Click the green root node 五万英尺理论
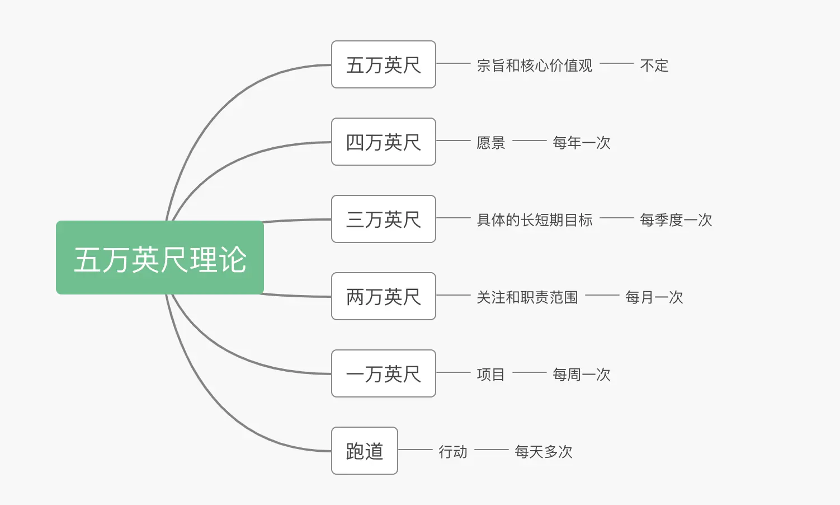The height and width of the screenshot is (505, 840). pos(160,258)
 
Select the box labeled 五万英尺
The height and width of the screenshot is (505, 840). pos(384,65)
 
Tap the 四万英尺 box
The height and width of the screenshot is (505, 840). pos(384,142)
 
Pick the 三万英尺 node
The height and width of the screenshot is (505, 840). pos(384,219)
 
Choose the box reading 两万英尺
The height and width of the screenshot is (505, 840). pos(384,297)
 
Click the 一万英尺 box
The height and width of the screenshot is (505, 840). pos(384,374)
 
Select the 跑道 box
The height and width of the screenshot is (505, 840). pos(365,451)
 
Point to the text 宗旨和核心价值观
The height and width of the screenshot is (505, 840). pos(535,66)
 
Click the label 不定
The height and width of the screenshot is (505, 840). pos(654,66)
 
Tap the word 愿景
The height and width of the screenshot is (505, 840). pos(491,143)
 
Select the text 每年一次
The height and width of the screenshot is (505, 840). pos(582,143)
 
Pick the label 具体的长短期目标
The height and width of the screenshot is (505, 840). pos(535,220)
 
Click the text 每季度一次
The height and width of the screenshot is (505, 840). pos(676,220)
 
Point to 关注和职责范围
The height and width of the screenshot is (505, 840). pos(527,297)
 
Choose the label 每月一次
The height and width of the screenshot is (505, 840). pos(654,297)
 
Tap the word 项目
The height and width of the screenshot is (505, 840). pos(491,375)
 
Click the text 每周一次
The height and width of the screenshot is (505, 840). pos(582,375)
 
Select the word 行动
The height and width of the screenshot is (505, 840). pos(453,452)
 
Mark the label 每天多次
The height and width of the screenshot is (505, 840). pos(544,452)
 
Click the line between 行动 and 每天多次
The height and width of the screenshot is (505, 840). pos(491,450)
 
